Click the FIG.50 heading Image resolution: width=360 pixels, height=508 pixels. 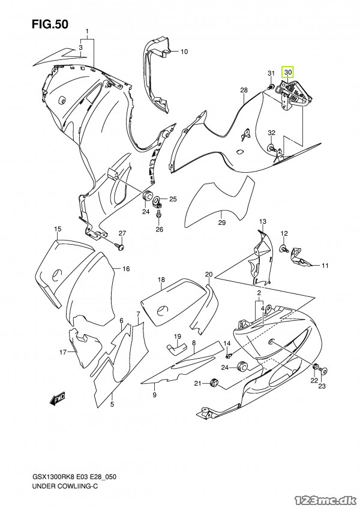[x=50, y=25]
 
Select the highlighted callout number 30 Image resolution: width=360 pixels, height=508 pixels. [x=288, y=72]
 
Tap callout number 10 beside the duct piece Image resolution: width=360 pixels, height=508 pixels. [x=184, y=52]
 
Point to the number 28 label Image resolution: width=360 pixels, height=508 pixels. [x=244, y=90]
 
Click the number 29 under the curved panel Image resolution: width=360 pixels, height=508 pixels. [x=221, y=223]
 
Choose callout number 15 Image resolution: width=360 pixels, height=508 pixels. [x=58, y=229]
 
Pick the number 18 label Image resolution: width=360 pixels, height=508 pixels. [x=161, y=279]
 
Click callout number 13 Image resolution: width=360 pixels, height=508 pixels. [x=262, y=222]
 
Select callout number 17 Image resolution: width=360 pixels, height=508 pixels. [x=62, y=352]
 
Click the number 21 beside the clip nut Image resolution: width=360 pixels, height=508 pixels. [x=197, y=383]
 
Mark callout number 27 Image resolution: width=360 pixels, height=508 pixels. [x=121, y=233]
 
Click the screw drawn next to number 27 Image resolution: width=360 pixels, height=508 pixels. [x=121, y=246]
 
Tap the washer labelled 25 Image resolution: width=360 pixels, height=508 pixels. [x=157, y=200]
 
